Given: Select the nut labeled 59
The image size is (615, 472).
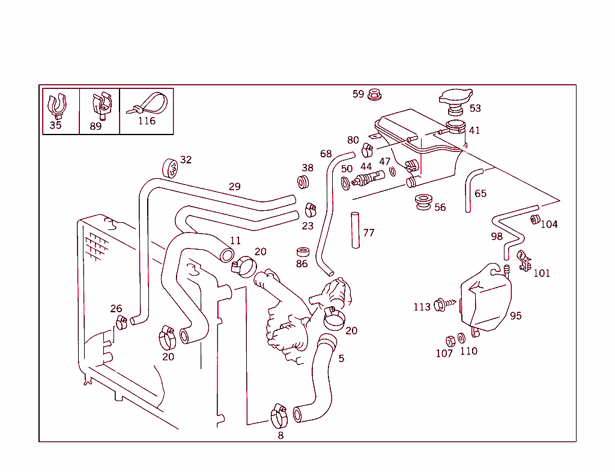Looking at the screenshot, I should click(x=374, y=94).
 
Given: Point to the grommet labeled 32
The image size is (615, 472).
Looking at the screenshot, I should click(x=169, y=168).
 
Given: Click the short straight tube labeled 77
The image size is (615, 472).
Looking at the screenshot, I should click(x=355, y=229).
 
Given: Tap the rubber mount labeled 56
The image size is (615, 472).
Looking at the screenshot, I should click(x=425, y=202).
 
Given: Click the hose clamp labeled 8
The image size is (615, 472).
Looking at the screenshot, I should click(x=279, y=414).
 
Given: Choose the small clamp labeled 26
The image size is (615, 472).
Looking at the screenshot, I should click(x=121, y=322).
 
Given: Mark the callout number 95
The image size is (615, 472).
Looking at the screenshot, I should click(x=516, y=315).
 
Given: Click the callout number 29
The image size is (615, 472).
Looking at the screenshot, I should click(x=234, y=187).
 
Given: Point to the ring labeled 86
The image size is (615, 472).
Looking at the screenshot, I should click(x=303, y=251).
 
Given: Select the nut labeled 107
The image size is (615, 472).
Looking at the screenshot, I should click(x=450, y=340).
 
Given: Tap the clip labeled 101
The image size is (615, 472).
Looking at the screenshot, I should click(x=524, y=260).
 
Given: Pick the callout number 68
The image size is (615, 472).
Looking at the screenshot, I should click(x=326, y=154).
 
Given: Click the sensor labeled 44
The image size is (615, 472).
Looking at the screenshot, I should click(x=368, y=178).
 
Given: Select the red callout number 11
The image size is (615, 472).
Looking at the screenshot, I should click(x=235, y=240).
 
